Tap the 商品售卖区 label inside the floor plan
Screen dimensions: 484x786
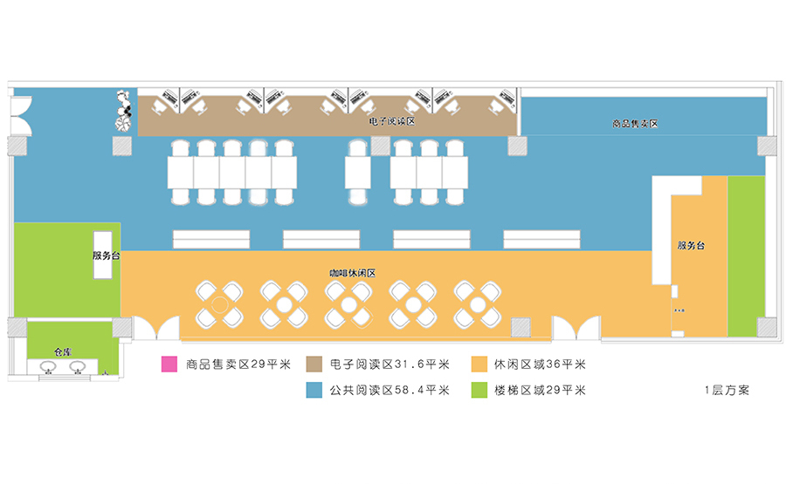(x=635, y=124)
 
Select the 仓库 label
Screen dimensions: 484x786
(x=61, y=352)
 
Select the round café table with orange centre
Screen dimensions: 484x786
(x=218, y=304)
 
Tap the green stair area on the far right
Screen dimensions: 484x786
(x=746, y=255)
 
